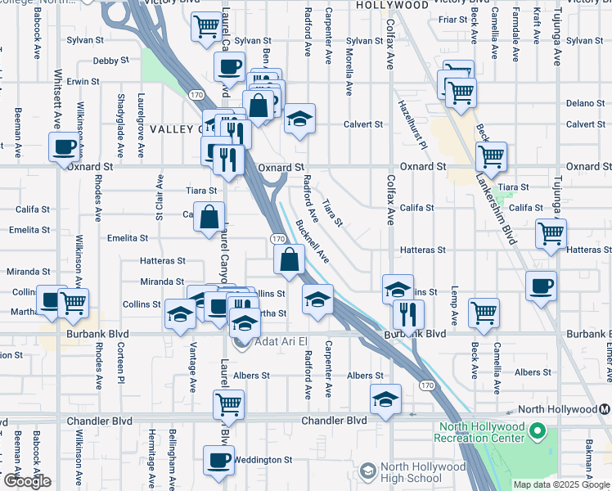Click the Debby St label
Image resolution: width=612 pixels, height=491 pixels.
tap(111, 61)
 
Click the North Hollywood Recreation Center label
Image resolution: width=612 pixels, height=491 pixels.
tap(483, 432)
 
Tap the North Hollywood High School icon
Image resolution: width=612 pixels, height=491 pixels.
tap(368, 471)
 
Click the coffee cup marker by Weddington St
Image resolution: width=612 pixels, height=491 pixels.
tap(218, 460)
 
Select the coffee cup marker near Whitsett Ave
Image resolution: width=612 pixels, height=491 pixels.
tap(64, 148)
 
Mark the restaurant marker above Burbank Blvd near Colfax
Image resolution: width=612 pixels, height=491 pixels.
tap(407, 313)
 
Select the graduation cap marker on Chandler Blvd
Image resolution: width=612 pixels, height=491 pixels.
tap(385, 399)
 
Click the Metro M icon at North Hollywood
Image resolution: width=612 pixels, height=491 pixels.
tap(605, 409)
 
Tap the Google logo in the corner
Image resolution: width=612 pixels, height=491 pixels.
tap(27, 481)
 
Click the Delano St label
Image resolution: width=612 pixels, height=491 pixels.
tap(583, 103)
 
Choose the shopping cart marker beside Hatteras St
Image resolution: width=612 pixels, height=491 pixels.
tap(551, 232)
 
